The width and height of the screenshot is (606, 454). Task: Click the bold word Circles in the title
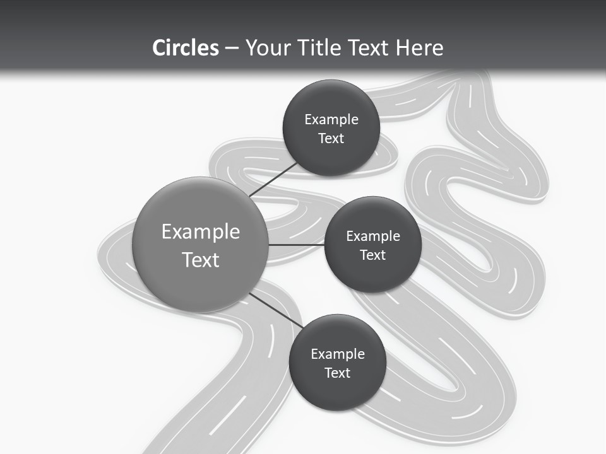[x=186, y=48]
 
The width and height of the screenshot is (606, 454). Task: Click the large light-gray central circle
[x=200, y=245]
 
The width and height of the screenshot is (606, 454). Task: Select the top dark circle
[x=331, y=128]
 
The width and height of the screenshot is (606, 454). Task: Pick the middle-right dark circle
[x=373, y=245]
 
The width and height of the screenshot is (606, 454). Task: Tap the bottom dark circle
[x=338, y=363]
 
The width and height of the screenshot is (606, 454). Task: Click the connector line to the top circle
[x=273, y=180]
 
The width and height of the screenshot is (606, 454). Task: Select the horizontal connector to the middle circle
[x=297, y=245]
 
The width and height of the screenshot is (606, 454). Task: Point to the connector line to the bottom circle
[x=276, y=311]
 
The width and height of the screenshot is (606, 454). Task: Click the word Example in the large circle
[x=201, y=232]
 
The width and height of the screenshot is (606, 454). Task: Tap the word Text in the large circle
[x=201, y=260]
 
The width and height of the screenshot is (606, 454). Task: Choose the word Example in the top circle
[x=331, y=120]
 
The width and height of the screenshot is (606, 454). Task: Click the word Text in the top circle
[x=331, y=138]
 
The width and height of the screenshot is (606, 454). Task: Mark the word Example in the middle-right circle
[x=373, y=236]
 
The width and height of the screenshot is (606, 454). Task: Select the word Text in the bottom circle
[x=338, y=373]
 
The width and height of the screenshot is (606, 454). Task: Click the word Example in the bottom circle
[x=338, y=354]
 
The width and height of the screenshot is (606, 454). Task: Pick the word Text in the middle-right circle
[x=373, y=255]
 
